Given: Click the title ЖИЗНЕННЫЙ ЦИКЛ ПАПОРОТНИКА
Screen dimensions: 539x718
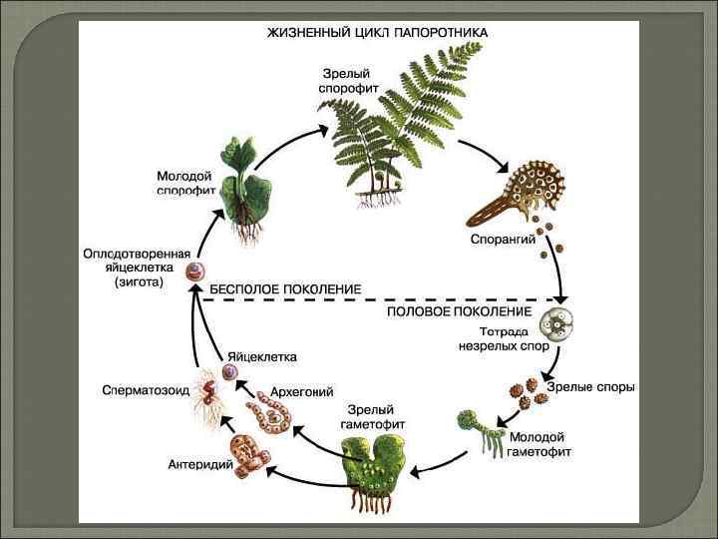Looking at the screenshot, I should click(377, 32).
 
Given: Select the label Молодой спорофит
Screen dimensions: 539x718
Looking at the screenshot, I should click(185, 182).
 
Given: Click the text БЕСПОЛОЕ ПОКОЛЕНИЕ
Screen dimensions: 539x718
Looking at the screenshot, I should click(284, 288).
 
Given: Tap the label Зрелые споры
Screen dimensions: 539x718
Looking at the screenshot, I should click(591, 387).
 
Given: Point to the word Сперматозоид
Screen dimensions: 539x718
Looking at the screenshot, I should click(147, 390).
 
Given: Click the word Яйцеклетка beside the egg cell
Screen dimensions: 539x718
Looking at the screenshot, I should click(261, 356).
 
